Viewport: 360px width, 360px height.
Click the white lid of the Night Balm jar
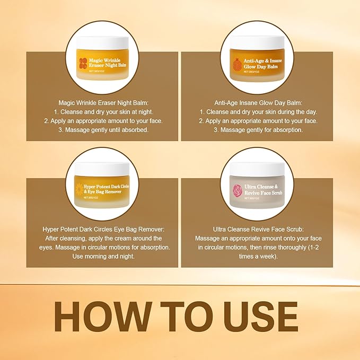coord(102,43)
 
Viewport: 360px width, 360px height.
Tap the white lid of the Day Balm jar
coord(257,43)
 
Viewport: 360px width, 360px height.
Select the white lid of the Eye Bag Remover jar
coord(102,169)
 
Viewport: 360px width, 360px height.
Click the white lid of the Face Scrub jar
coord(257,169)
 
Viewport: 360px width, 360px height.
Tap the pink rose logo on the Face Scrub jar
coord(238,190)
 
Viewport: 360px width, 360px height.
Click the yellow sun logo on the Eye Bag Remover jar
coord(79,189)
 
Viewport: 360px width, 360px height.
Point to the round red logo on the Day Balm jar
coord(237,64)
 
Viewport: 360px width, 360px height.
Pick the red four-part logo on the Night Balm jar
coord(83,63)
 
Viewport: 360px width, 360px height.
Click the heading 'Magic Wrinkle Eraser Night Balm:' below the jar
coord(103,103)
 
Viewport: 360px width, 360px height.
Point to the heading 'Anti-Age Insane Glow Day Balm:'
coord(258,103)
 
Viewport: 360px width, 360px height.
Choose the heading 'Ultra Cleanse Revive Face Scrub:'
coord(258,229)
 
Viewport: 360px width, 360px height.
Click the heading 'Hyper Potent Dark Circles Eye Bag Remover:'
coord(103,229)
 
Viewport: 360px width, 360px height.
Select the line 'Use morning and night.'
coord(103,256)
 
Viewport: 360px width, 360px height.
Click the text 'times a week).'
coord(258,256)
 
